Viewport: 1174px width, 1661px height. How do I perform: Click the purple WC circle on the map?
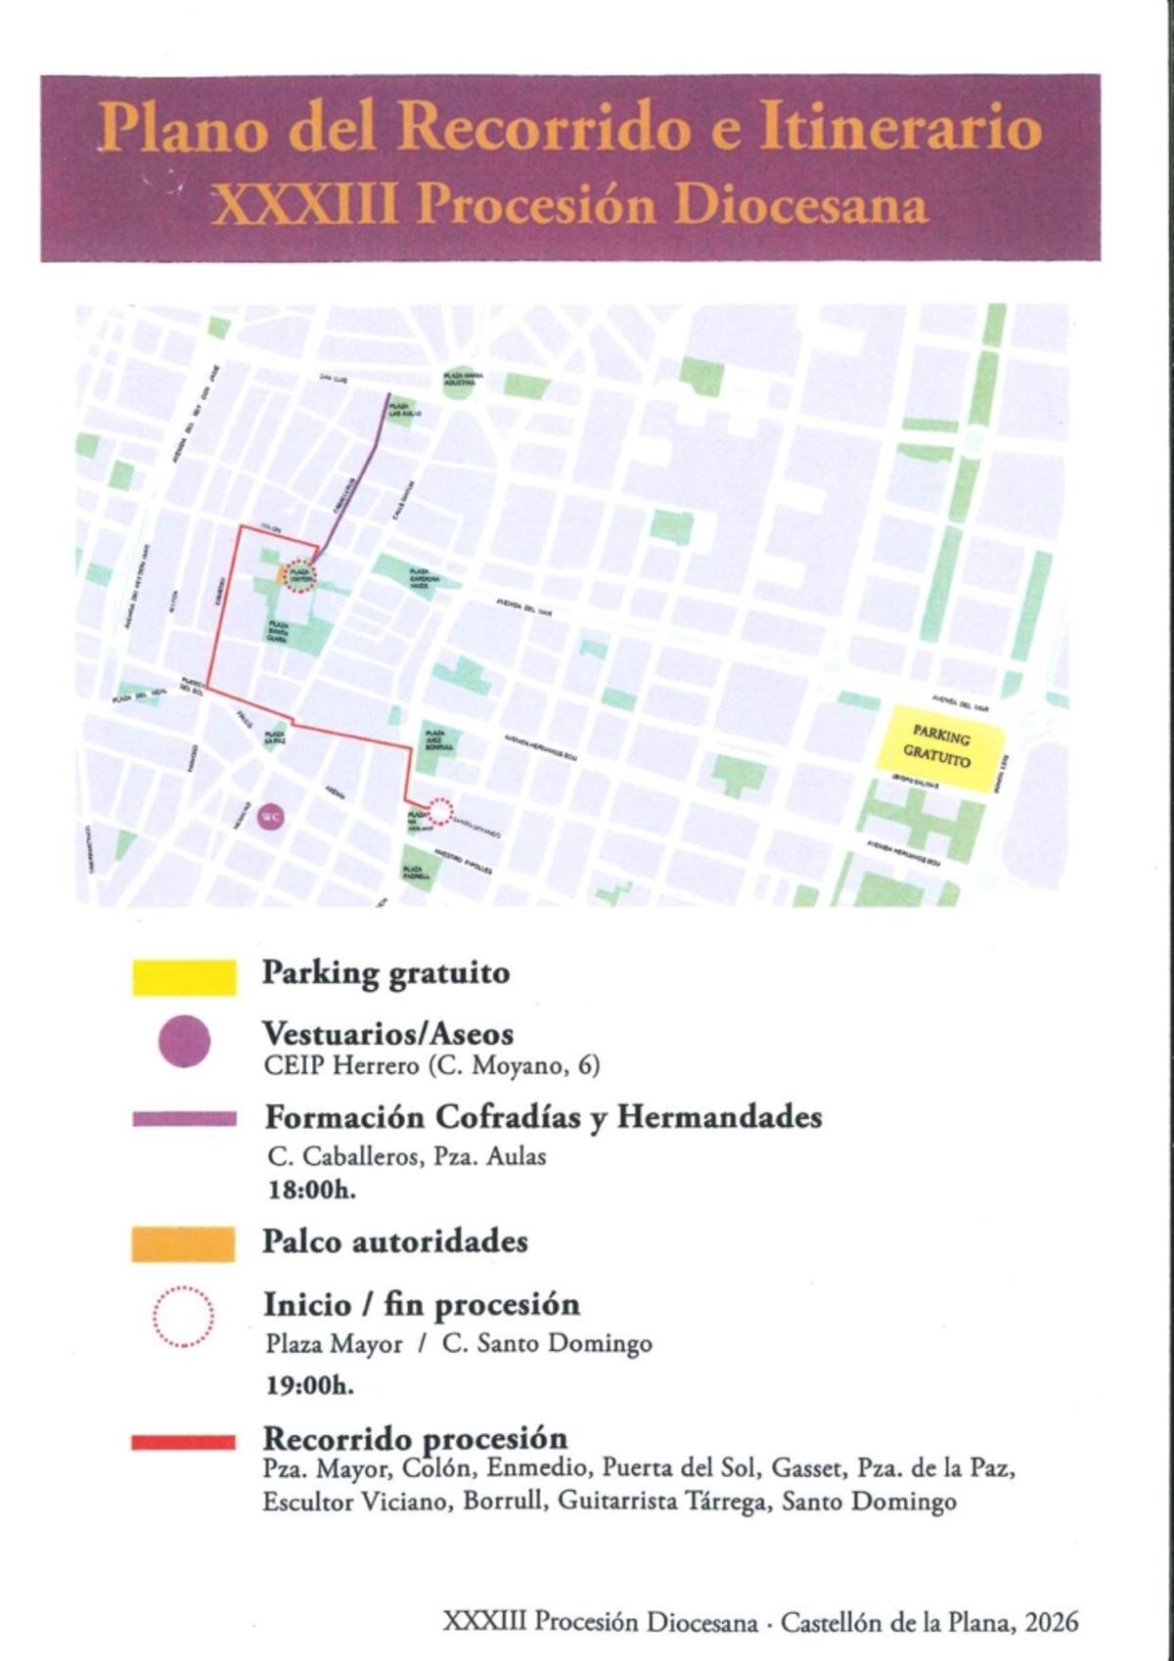[269, 815]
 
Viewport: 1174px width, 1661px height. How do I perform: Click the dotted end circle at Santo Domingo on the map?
[440, 811]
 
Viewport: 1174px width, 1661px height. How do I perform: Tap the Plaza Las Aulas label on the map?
[399, 410]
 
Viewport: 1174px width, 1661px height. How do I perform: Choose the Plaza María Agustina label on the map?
[459, 380]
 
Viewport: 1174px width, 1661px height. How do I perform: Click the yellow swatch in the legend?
[184, 977]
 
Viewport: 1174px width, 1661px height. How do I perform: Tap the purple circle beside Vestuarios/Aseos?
[184, 1042]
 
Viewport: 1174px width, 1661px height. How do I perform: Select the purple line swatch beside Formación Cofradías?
[184, 1119]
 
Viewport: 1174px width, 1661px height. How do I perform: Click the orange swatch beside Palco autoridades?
[184, 1243]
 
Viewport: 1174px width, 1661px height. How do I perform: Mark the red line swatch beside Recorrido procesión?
[183, 1442]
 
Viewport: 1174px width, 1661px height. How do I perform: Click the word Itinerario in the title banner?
[900, 128]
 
